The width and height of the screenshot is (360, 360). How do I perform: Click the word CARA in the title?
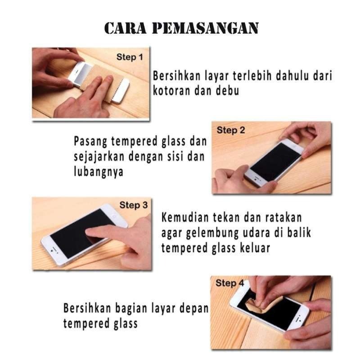coord(126,28)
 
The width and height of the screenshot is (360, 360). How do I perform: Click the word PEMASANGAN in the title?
coord(206,28)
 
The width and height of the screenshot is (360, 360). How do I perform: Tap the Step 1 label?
coord(130,57)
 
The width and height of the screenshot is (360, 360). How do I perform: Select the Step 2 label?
coord(231,130)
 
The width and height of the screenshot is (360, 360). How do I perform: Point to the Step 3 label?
coord(133,205)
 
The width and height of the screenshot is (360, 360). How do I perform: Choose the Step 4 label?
coord(229,283)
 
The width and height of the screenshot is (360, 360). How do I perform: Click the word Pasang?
coord(90,142)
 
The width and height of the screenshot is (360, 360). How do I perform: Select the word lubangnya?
coord(99,172)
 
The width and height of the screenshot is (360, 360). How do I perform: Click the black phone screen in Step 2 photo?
coord(276,162)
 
